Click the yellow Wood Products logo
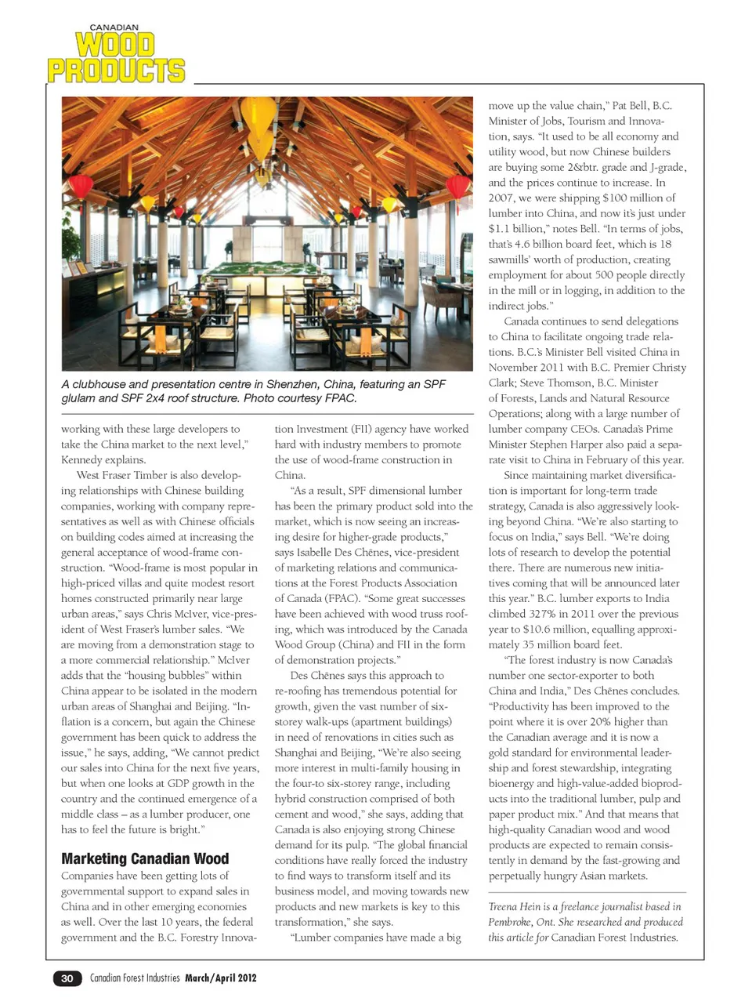pos(116,57)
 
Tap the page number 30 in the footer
pos(67,978)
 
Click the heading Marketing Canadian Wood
pos(145,858)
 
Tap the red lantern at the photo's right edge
pos(457,187)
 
